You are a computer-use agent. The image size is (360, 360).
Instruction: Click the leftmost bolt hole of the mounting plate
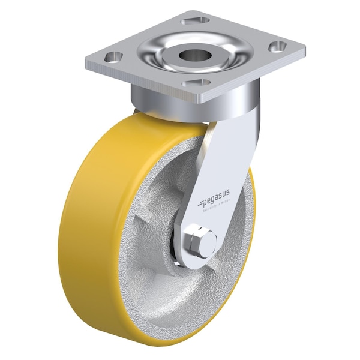[112, 56]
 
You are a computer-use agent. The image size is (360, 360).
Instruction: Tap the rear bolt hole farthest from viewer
[195, 20]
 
